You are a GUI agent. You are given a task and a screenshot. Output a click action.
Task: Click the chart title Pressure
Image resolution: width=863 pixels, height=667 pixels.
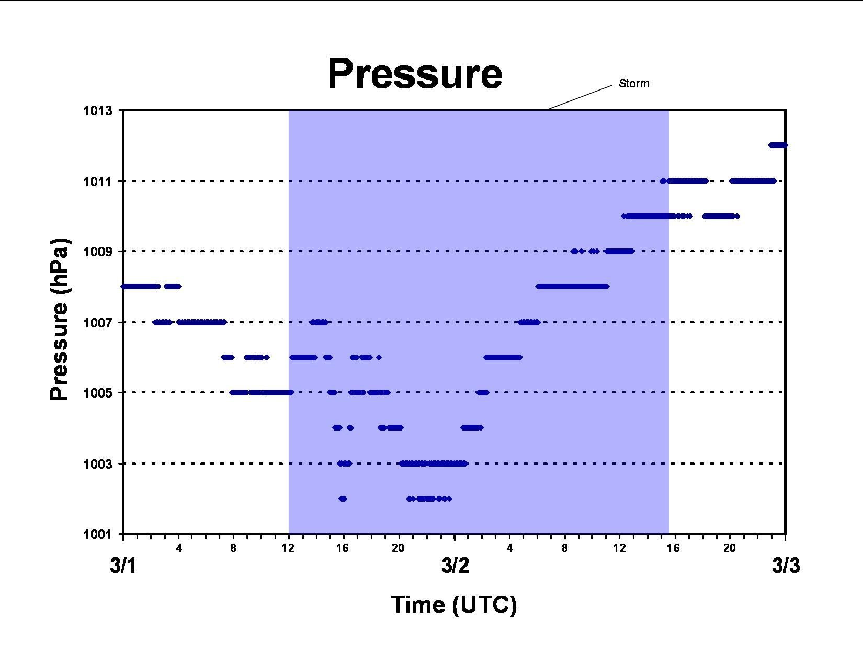(415, 74)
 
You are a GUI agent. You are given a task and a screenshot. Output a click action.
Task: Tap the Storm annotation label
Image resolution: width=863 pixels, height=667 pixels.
(634, 83)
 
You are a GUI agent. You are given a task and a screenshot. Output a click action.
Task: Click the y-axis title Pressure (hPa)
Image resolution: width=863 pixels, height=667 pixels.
(60, 319)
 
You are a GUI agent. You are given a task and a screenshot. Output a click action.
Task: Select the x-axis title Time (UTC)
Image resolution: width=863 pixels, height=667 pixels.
(454, 605)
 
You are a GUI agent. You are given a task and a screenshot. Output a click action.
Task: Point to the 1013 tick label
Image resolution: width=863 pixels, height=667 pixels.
(97, 110)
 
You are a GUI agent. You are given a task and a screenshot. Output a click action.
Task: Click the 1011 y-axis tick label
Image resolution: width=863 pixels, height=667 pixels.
(97, 182)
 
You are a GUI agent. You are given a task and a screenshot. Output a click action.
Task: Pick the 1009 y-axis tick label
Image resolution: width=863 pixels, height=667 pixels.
(97, 252)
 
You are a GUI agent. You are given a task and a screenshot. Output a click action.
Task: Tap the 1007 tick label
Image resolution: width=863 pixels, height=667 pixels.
(97, 323)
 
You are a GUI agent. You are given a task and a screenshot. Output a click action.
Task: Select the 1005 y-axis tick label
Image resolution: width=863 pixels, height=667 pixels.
(97, 393)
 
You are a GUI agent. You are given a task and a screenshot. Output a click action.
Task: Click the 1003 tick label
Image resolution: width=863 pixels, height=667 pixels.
(97, 463)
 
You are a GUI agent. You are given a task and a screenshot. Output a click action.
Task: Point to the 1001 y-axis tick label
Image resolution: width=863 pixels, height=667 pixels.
(97, 534)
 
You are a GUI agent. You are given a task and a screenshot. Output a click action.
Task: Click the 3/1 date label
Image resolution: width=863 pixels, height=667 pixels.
(123, 566)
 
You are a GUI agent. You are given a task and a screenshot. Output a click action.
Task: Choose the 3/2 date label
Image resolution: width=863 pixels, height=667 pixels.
(455, 566)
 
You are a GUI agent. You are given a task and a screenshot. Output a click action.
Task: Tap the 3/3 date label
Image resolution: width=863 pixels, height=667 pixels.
(786, 566)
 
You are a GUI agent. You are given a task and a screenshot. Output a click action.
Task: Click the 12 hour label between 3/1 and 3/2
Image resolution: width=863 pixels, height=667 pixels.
(288, 548)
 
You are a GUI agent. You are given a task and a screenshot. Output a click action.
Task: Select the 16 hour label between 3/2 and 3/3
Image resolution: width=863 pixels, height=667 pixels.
(673, 548)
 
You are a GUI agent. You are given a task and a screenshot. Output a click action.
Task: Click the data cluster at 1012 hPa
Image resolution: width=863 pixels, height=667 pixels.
(778, 145)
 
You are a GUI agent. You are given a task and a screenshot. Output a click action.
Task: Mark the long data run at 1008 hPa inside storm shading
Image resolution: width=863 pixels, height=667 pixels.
(572, 287)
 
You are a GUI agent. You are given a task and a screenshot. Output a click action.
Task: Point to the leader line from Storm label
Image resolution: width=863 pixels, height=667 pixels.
(580, 97)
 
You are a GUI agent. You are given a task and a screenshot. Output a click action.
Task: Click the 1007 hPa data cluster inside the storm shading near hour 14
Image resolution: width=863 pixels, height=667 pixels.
(319, 322)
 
